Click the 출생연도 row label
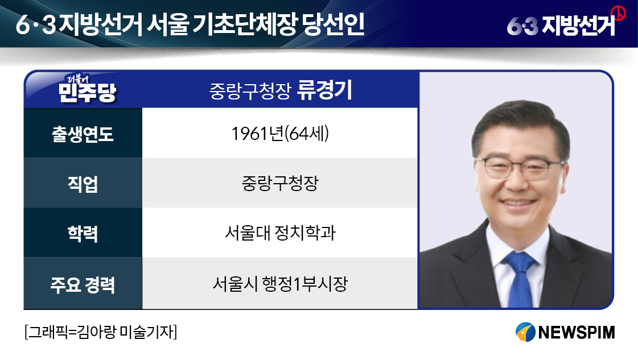click(x=83, y=134)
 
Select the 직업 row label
click(x=83, y=184)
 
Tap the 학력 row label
click(x=83, y=234)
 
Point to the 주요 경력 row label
click(x=83, y=284)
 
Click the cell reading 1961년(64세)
click(x=280, y=134)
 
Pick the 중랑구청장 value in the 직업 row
click(x=280, y=184)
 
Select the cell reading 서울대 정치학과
click(x=280, y=233)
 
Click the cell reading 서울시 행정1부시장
click(x=280, y=284)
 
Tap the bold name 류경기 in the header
click(x=324, y=90)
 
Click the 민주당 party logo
click(x=87, y=89)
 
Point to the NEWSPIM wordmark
click(x=576, y=332)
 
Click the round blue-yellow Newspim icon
click(x=525, y=332)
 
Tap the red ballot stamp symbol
click(x=619, y=13)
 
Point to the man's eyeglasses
click(x=520, y=168)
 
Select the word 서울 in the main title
click(x=168, y=24)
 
